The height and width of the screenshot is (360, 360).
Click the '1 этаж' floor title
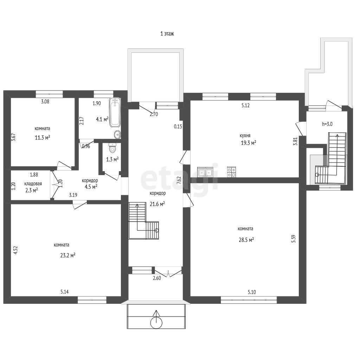pyautogui.click(x=167, y=34)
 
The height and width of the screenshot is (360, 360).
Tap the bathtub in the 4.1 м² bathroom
pyautogui.click(x=115, y=112)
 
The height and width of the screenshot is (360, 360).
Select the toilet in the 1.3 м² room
pyautogui.click(x=112, y=148)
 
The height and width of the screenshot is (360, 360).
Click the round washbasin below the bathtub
pyautogui.click(x=117, y=134)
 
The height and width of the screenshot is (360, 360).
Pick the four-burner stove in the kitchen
pyautogui.click(x=231, y=172)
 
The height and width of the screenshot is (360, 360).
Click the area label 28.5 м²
pyautogui.click(x=246, y=240)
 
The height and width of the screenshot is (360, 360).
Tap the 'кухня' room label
pyautogui.click(x=245, y=136)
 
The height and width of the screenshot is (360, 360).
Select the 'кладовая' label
pyautogui.click(x=33, y=184)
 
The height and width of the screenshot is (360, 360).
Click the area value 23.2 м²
pyautogui.click(x=68, y=255)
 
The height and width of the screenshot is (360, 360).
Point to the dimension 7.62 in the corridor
pyautogui.click(x=179, y=180)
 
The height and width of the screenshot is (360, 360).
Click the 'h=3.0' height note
pyautogui.click(x=327, y=124)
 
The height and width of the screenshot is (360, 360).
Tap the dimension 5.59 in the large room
pyautogui.click(x=294, y=239)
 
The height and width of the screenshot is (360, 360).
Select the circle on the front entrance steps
pyautogui.click(x=156, y=323)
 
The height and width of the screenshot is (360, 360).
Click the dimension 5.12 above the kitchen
pyautogui.click(x=245, y=105)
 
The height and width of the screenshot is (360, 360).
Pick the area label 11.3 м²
pyautogui.click(x=43, y=138)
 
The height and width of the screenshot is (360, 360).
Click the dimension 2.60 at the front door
pyautogui.click(x=157, y=278)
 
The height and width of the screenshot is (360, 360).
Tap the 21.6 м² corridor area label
pyautogui.click(x=157, y=204)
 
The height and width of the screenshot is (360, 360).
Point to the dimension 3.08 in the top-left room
pyautogui.click(x=45, y=102)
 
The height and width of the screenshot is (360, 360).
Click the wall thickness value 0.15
pyautogui.click(x=178, y=126)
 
